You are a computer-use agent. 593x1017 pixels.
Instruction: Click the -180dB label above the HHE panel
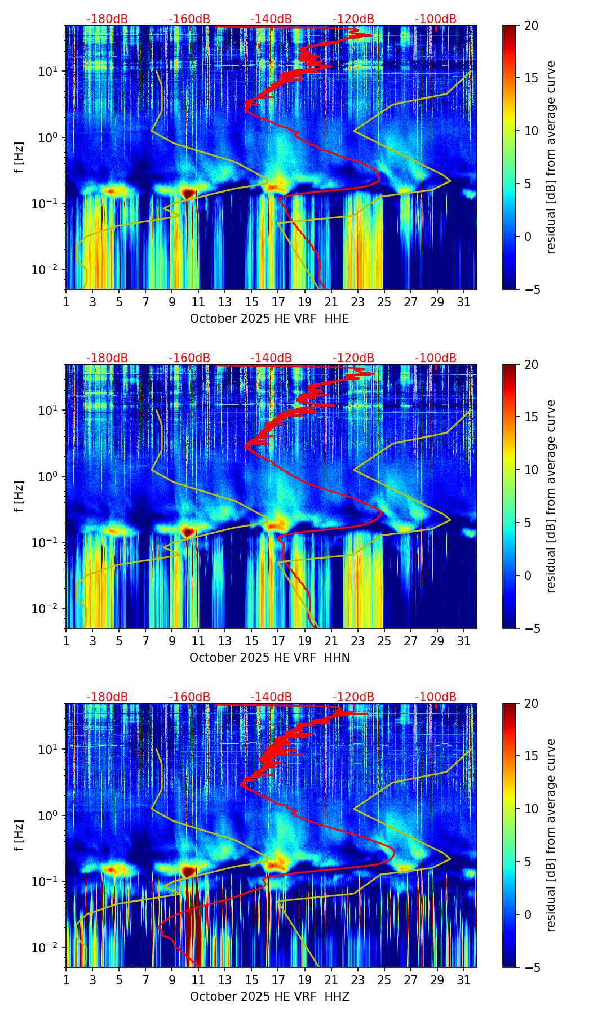point(107,19)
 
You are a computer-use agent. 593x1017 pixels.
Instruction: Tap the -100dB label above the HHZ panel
point(436,697)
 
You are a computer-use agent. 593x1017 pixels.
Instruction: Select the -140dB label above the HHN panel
point(271,358)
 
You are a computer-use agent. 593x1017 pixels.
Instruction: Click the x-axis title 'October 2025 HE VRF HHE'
point(269,319)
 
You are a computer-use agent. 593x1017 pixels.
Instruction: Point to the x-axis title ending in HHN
point(269,658)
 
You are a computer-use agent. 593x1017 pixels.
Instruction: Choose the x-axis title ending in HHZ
point(269,997)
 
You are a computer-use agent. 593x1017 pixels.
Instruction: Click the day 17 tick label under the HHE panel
point(278,302)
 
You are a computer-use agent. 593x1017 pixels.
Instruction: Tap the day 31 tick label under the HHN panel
point(464,641)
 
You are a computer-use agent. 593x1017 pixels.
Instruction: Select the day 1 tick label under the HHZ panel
point(67,980)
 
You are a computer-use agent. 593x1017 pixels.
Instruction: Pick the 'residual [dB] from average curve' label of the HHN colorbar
point(551,496)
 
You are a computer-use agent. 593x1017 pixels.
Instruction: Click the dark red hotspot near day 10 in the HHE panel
point(189,193)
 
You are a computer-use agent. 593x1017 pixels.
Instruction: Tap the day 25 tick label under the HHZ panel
point(384,980)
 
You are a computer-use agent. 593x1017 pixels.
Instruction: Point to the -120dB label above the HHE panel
point(353,19)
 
